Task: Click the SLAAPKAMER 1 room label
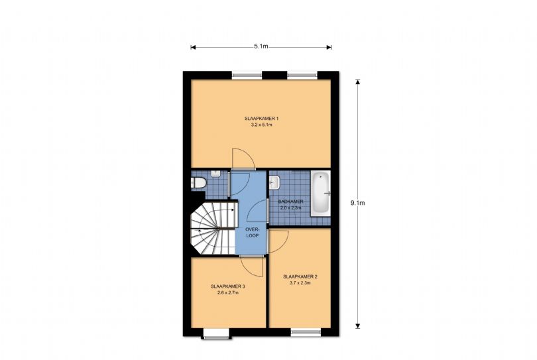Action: (x=261, y=118)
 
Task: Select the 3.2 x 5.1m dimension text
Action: (x=261, y=125)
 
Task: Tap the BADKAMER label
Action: (x=290, y=201)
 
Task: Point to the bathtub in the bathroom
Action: (x=320, y=192)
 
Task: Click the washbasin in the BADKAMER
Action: (x=274, y=182)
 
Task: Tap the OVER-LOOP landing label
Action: (x=251, y=233)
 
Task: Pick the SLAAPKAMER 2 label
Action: (x=300, y=276)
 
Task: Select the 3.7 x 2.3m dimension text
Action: (x=300, y=283)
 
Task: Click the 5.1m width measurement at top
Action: (x=261, y=47)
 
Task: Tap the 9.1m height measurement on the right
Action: (x=357, y=203)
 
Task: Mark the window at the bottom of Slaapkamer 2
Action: (x=305, y=330)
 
